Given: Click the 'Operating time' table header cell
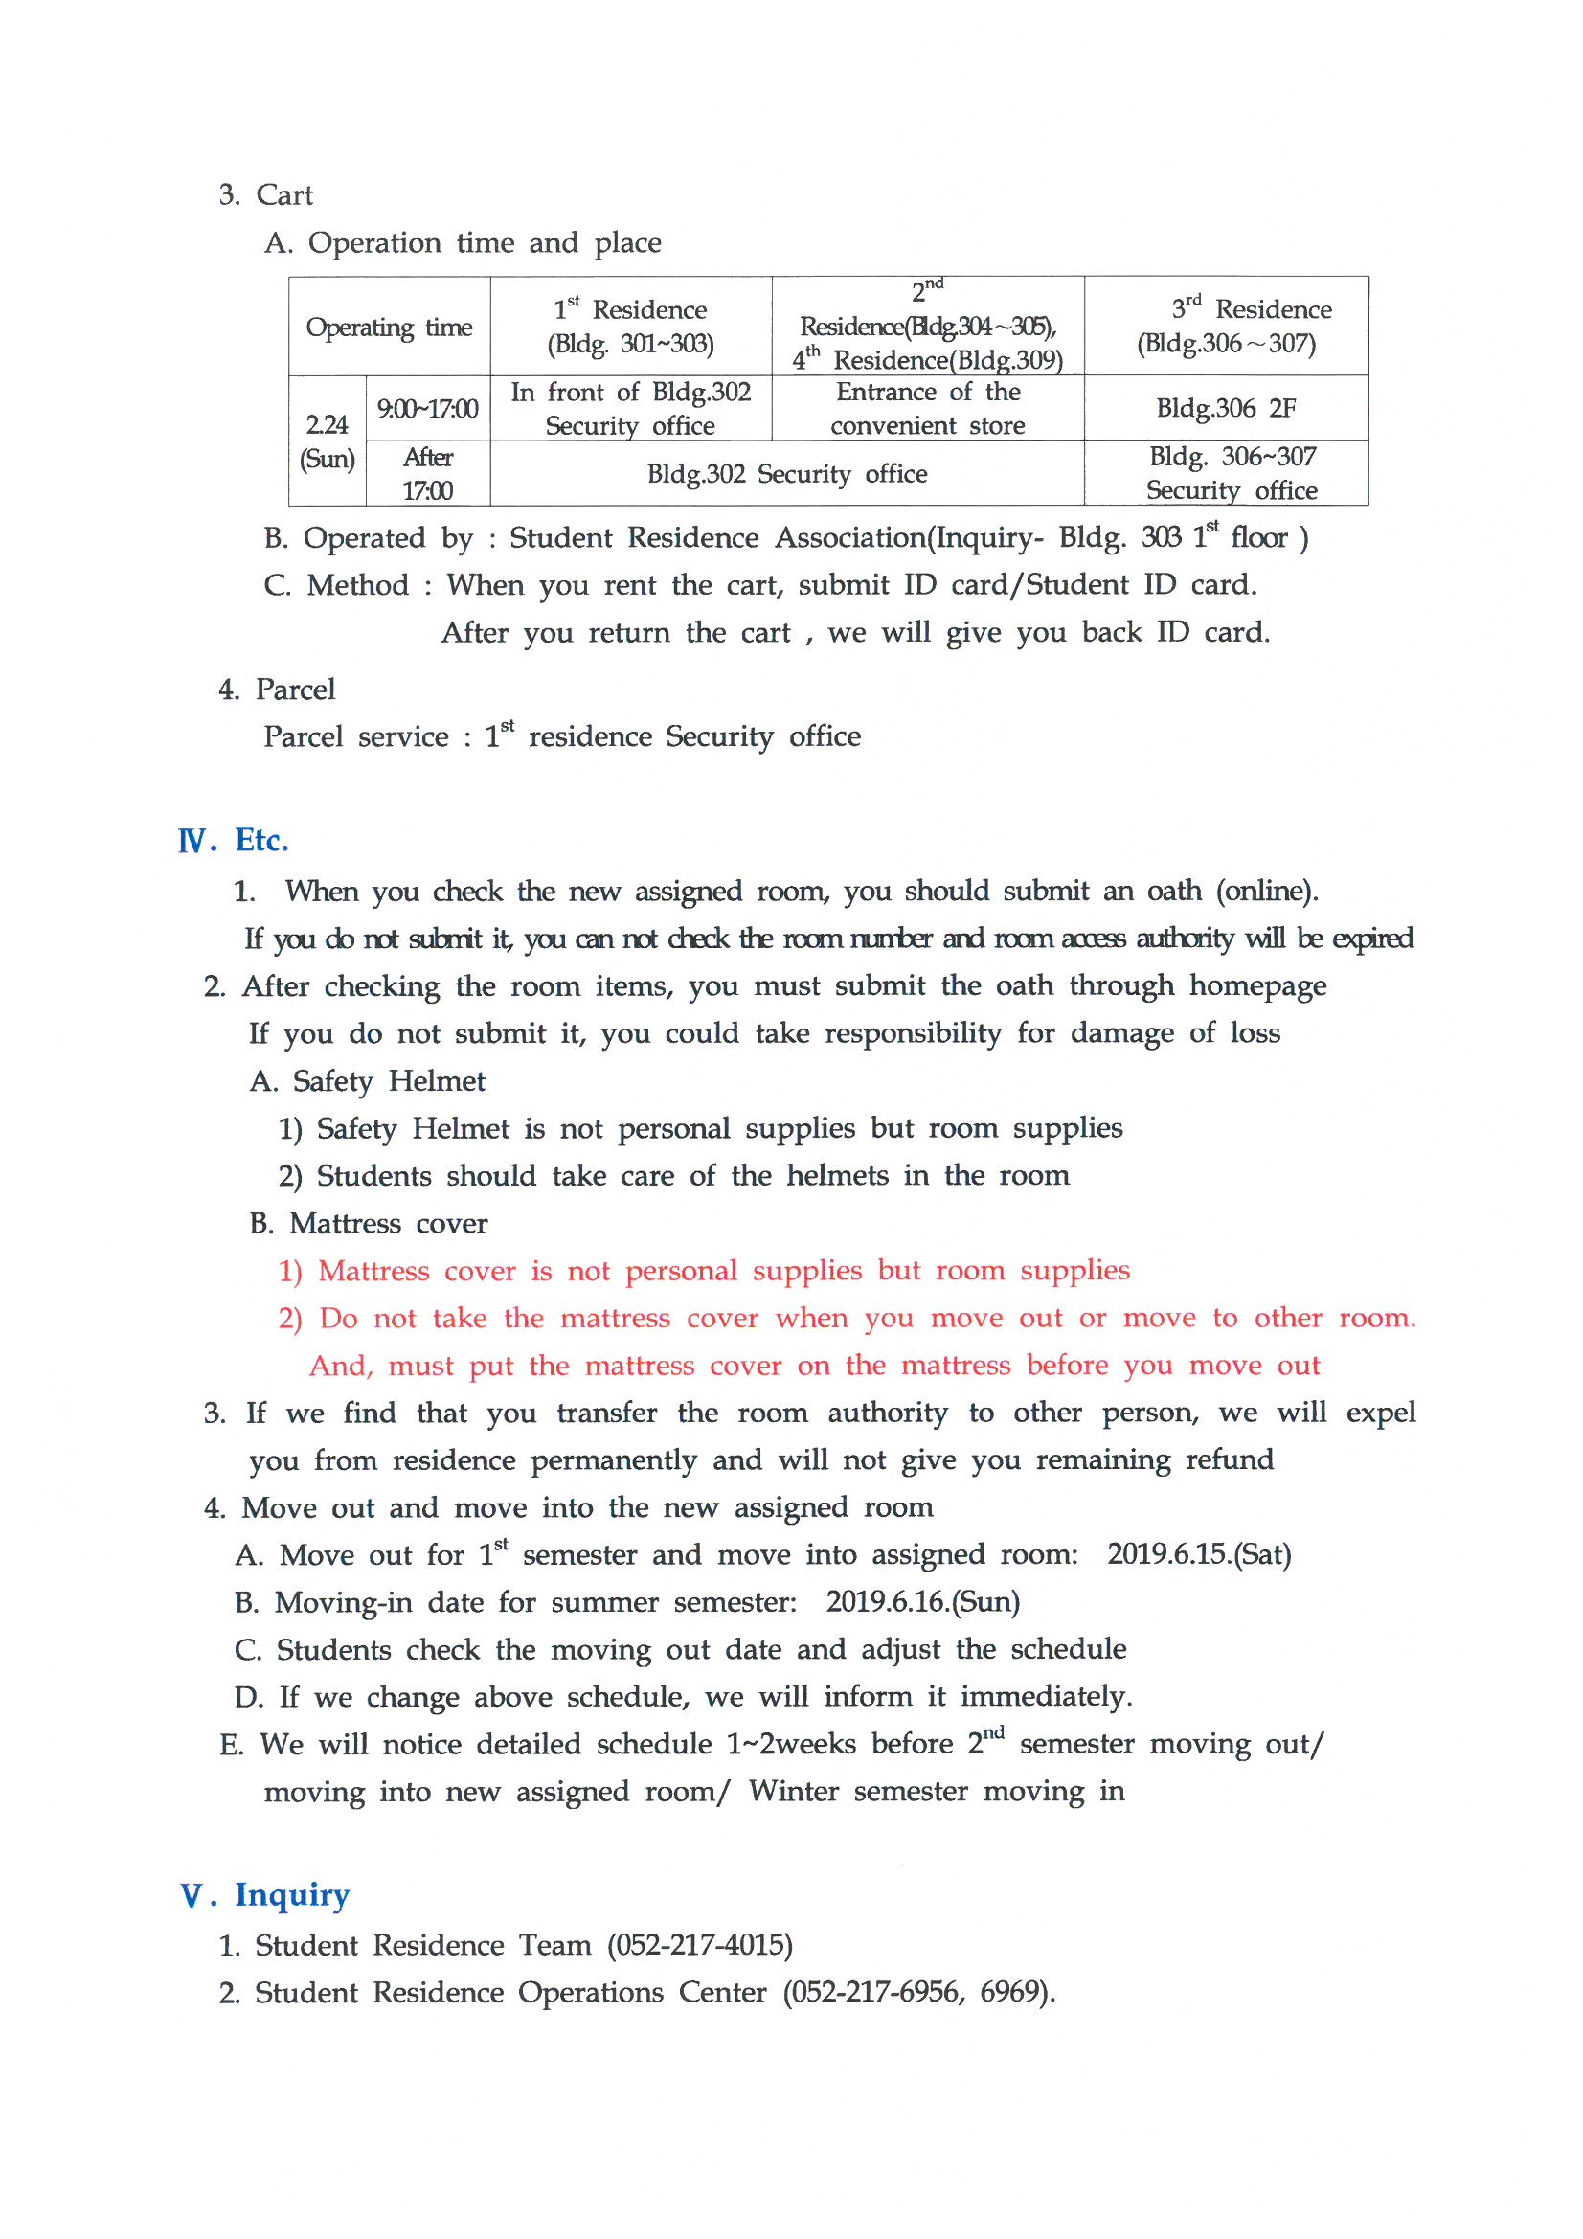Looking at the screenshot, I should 388,327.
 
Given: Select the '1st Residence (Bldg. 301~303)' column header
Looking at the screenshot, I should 630,327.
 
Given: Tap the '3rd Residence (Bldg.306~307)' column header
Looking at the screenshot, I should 1226,327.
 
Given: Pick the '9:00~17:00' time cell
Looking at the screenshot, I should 427,409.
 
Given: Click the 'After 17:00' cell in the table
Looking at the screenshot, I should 427,474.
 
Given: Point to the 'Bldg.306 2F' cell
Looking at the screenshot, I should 1226,409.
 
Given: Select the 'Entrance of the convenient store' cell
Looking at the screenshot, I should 928,409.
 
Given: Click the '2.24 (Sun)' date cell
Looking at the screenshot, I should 327,441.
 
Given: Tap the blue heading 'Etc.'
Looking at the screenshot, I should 261,841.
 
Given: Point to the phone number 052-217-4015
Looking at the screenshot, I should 699,1945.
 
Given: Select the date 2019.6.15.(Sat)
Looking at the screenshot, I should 1199,1553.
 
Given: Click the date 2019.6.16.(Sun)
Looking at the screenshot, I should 922,1601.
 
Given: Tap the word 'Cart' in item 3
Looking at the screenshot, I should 283,195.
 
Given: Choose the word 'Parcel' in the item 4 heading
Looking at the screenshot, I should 295,690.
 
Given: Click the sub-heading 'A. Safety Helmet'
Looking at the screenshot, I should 367,1080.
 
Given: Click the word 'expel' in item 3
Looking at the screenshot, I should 1380,1414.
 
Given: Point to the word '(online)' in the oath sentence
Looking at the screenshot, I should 1266,891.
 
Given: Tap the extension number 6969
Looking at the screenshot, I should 1014,1992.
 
